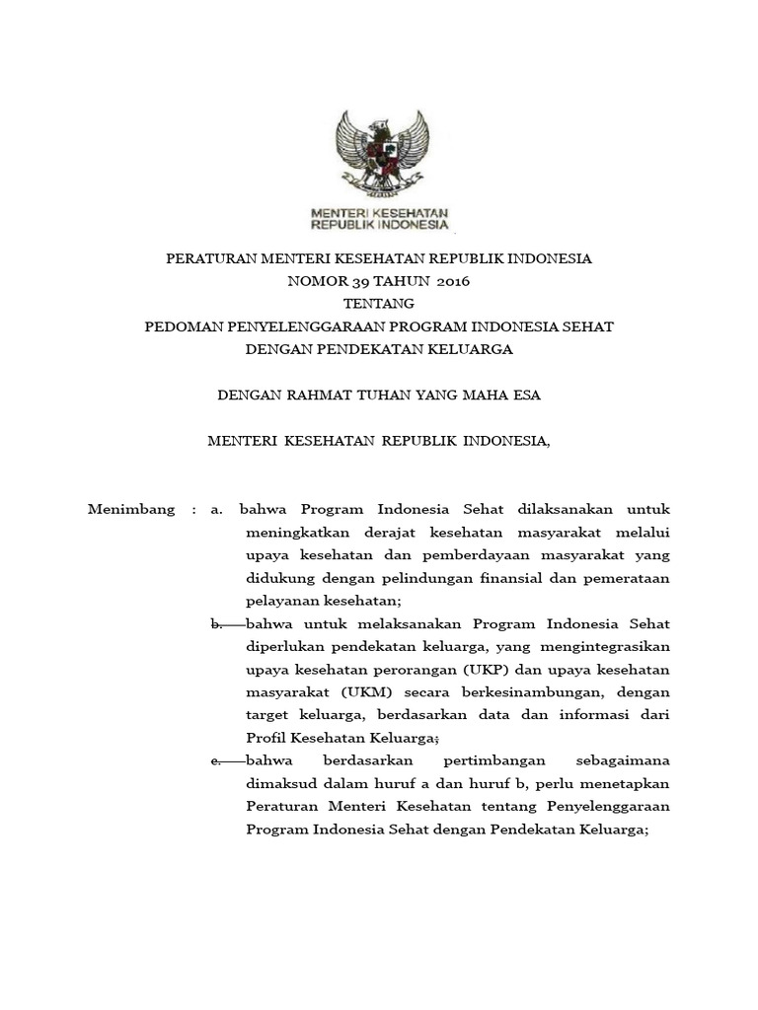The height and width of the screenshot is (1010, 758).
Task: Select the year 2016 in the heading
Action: [451, 281]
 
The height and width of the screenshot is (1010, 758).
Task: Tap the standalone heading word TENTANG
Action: [379, 303]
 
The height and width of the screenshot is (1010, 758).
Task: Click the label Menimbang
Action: [132, 510]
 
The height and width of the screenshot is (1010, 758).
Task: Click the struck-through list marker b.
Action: [218, 624]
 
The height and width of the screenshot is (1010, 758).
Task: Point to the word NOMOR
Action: [309, 281]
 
